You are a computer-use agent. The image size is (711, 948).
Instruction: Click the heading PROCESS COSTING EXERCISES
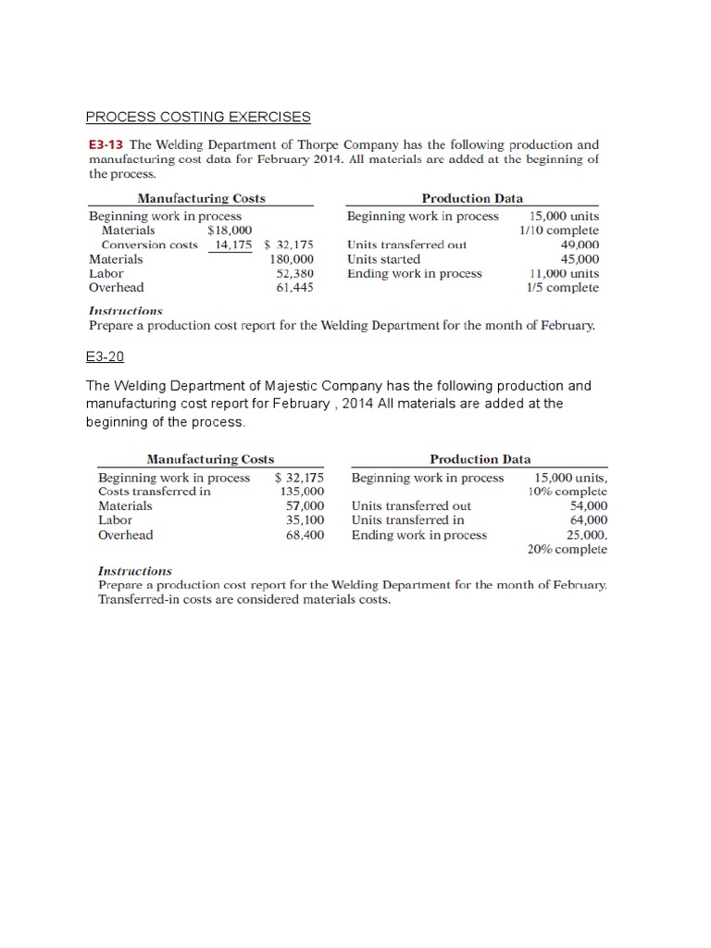click(x=198, y=117)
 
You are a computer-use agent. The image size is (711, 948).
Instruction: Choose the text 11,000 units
click(x=563, y=274)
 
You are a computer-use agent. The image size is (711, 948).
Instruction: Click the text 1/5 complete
click(x=563, y=288)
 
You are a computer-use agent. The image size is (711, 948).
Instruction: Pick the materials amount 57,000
click(x=306, y=506)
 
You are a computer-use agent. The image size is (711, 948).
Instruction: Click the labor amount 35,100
click(x=306, y=520)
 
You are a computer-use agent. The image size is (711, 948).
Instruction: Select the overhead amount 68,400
click(x=306, y=535)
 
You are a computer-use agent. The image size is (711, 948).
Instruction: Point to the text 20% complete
click(x=568, y=549)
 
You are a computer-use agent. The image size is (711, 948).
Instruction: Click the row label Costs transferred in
click(x=155, y=492)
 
